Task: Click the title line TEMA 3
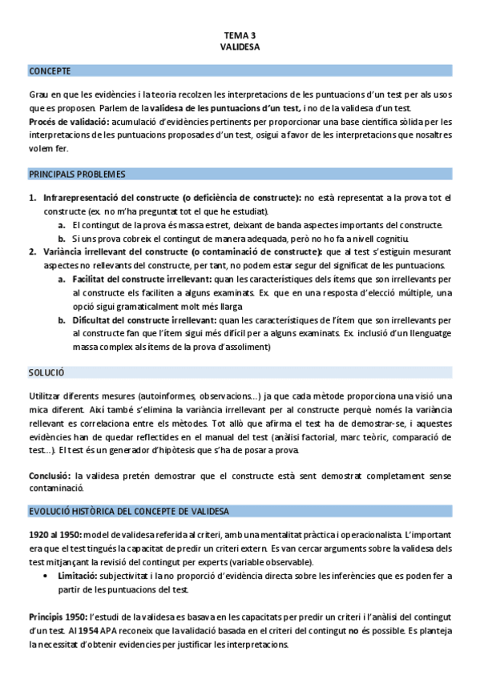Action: (240, 35)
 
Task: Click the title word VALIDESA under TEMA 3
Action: (240, 46)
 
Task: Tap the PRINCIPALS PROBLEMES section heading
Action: (77, 173)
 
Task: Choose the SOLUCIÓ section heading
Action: (46, 372)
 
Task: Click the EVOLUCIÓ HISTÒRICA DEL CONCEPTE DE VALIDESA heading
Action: (128, 511)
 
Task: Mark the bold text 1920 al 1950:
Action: (54, 534)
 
